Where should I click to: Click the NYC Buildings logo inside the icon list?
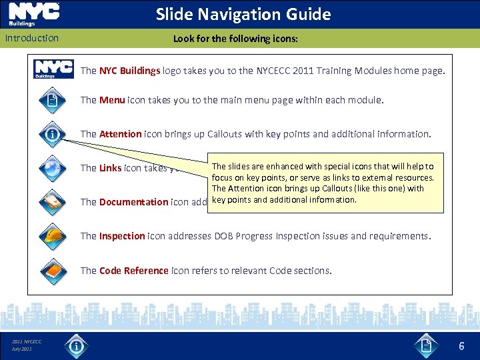(x=54, y=69)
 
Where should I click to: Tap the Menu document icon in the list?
(x=53, y=101)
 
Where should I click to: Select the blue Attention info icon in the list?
(x=53, y=135)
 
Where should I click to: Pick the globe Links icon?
(x=53, y=168)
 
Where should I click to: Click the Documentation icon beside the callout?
(x=53, y=202)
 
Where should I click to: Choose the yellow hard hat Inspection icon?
(x=53, y=236)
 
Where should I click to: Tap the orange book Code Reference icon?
(x=53, y=271)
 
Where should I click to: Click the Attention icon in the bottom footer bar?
(x=77, y=346)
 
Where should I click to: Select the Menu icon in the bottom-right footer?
(x=427, y=346)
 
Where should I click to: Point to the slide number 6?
(x=461, y=347)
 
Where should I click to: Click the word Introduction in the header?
(x=32, y=38)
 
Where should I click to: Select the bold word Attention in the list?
(x=120, y=134)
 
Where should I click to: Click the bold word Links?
(x=110, y=168)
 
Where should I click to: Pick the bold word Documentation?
(x=133, y=202)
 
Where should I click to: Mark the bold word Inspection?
(x=122, y=236)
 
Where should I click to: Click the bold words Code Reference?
(x=133, y=271)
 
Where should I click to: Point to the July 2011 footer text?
(x=22, y=349)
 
